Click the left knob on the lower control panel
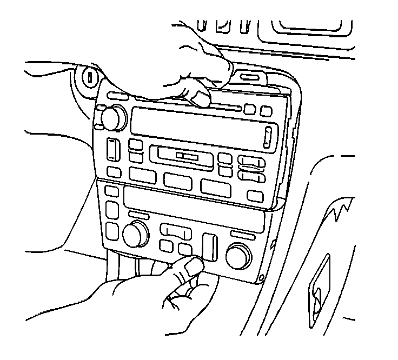135,234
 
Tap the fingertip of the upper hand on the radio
201,98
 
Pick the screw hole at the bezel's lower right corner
262,278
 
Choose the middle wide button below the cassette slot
179,181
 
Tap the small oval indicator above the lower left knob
140,215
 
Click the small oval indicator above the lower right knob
241,235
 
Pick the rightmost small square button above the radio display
266,111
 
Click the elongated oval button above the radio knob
117,96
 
